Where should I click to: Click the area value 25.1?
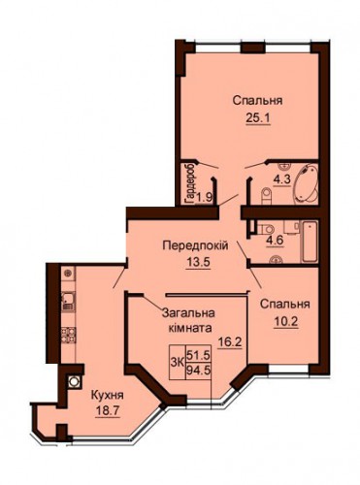click(x=258, y=118)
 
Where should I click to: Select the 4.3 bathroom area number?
click(x=282, y=179)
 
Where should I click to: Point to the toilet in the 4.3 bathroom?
click(x=266, y=196)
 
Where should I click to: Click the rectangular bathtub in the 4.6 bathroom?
click(x=310, y=242)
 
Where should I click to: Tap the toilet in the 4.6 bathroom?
click(x=265, y=229)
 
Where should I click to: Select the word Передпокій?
click(x=195, y=245)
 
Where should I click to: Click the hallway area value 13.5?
click(x=198, y=262)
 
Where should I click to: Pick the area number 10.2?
click(x=285, y=322)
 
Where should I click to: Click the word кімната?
click(x=190, y=328)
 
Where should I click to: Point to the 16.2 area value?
click(x=230, y=341)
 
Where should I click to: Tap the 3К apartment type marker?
click(x=178, y=363)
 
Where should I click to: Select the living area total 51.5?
click(x=199, y=355)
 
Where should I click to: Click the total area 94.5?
click(x=199, y=370)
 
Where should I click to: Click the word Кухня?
click(x=107, y=395)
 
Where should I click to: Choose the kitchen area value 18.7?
click(x=108, y=411)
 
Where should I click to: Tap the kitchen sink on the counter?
click(x=68, y=302)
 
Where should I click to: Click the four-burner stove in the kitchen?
click(x=68, y=336)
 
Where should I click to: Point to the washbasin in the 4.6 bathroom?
click(x=276, y=259)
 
